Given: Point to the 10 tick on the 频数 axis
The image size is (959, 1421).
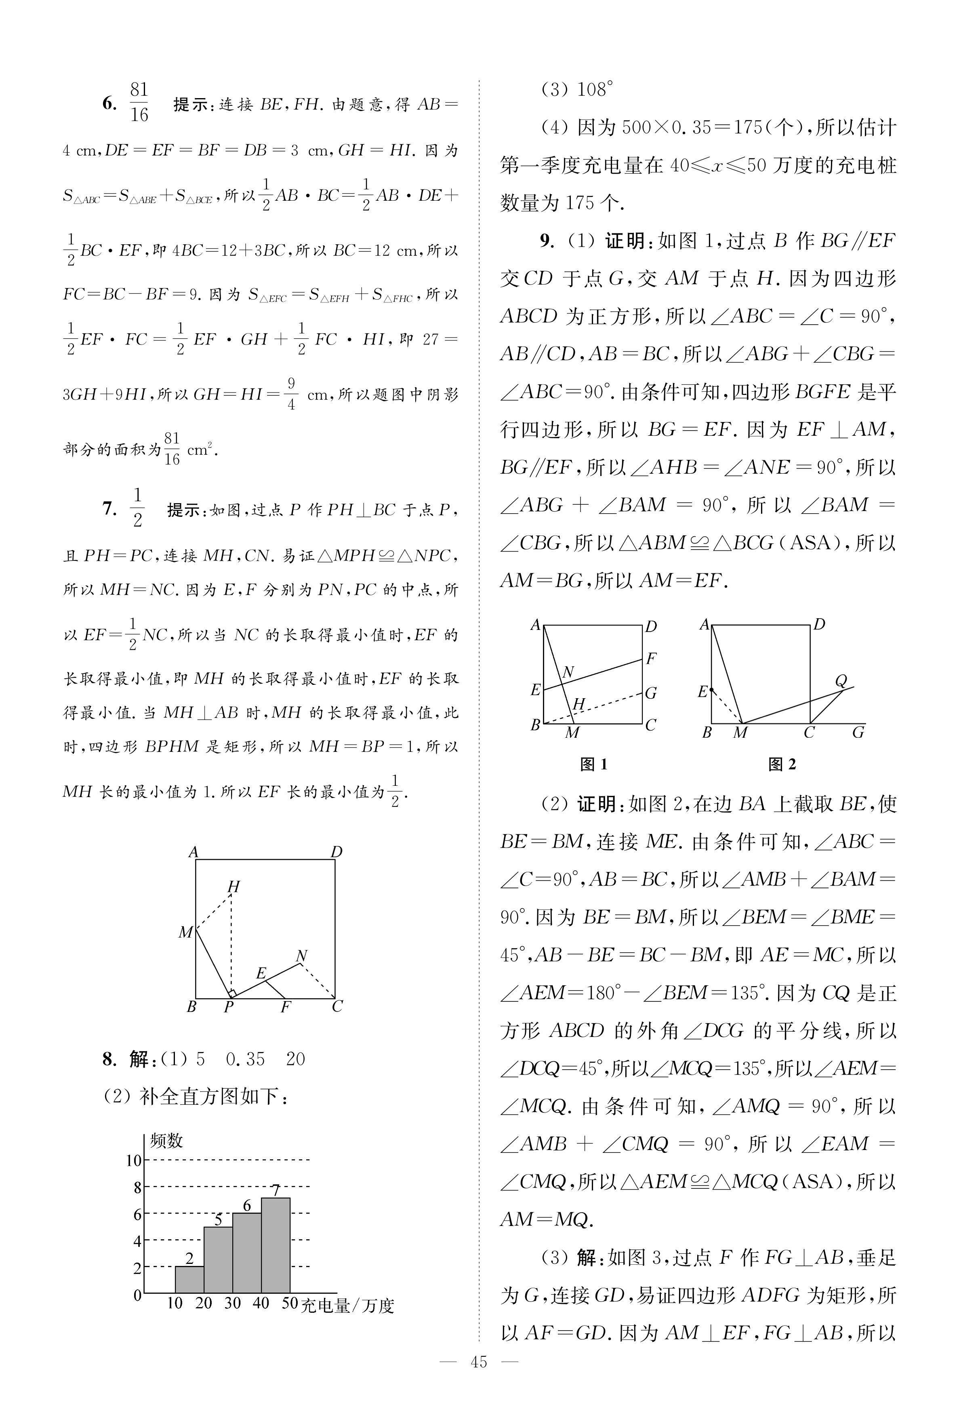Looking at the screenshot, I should [133, 1160].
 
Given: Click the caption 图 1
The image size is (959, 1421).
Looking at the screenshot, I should [593, 764].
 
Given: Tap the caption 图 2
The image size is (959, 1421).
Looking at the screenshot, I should [782, 764].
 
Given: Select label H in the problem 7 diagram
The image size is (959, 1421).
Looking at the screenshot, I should [233, 886].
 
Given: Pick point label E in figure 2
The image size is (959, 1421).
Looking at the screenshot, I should [703, 692].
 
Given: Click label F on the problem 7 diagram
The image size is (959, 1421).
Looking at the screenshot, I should [285, 1007].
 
